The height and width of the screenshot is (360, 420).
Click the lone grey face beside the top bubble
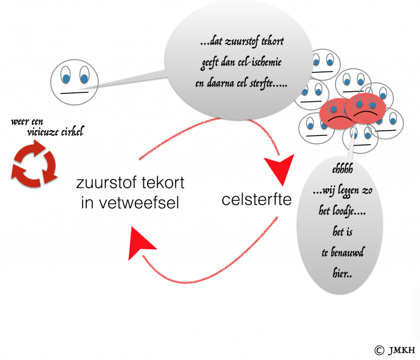pos(73,81)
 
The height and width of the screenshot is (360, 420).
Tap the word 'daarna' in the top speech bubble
pos(226,83)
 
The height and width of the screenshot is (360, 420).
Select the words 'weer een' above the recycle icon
pos(27,122)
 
